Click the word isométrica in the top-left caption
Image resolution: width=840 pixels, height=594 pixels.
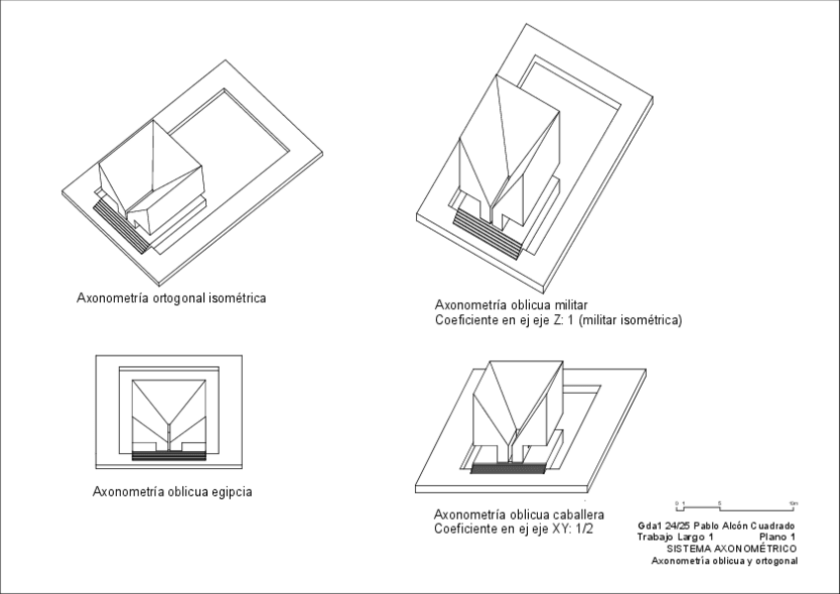point(236,297)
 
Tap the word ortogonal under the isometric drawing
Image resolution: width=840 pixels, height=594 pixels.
point(177,297)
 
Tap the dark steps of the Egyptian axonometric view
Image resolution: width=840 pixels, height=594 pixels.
point(169,454)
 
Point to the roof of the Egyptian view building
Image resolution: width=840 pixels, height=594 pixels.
point(169,402)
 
